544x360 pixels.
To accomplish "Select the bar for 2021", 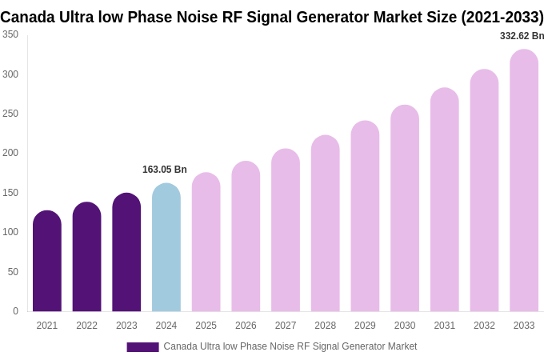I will [47, 262].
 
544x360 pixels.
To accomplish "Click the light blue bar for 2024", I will [166, 248].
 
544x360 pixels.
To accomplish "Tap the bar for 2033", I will [524, 181].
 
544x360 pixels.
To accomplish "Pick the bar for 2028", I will [325, 224].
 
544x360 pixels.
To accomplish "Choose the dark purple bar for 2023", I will [126, 253].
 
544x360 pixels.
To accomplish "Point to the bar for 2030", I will [405, 209].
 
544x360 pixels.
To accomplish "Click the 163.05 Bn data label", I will [165, 170].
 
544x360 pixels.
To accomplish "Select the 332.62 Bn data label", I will [522, 36].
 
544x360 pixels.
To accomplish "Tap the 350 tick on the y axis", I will [10, 34].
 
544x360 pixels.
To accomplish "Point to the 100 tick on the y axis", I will [10, 232].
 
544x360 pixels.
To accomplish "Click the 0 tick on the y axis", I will [15, 311].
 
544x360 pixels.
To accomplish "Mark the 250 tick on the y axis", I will [10, 114].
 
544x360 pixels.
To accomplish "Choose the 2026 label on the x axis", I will [246, 326].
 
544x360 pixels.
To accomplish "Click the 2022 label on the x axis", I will [86, 326].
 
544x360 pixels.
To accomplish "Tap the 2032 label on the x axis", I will [484, 326].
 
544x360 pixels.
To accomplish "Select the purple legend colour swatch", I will [142, 347].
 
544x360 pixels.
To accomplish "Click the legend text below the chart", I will [290, 346].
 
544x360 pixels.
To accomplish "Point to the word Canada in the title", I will [26, 17].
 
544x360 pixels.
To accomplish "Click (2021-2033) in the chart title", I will [502, 17].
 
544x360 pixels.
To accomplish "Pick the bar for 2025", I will [206, 242].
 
